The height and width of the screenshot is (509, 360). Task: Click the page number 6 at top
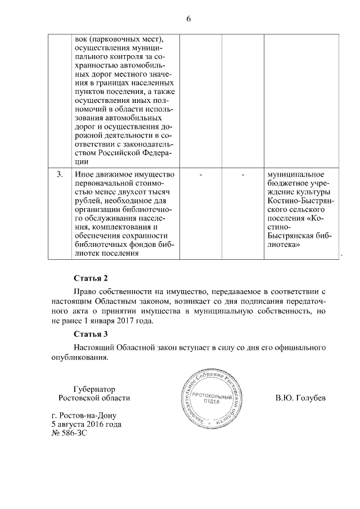[188, 19]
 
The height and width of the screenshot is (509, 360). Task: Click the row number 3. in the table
[60, 175]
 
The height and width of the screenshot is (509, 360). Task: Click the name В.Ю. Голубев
[300, 398]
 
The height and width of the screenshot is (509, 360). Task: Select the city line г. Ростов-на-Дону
[84, 416]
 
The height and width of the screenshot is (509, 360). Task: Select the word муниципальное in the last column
[295, 175]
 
